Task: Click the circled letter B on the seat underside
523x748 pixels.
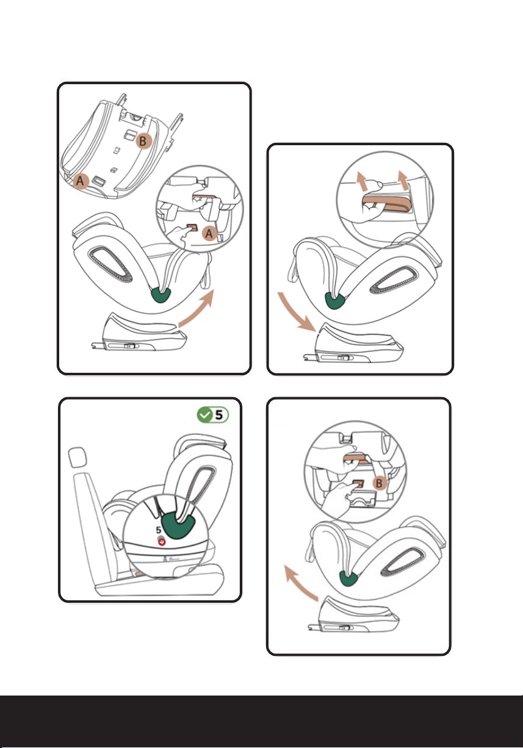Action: pyautogui.click(x=143, y=142)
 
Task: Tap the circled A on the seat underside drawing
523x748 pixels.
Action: pyautogui.click(x=81, y=181)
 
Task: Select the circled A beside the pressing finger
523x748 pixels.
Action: pyautogui.click(x=209, y=234)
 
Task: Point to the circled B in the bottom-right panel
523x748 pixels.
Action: pyautogui.click(x=379, y=483)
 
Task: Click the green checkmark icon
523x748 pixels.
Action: pyautogui.click(x=204, y=415)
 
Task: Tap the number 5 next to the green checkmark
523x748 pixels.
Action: pyautogui.click(x=218, y=415)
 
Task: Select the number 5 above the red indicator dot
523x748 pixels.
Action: pyautogui.click(x=158, y=530)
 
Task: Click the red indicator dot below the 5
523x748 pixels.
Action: pyautogui.click(x=162, y=542)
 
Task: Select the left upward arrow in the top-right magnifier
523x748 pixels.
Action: pyautogui.click(x=362, y=181)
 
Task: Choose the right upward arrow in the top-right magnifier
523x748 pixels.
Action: pyautogui.click(x=404, y=181)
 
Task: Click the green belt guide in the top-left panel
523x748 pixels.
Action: pyautogui.click(x=161, y=295)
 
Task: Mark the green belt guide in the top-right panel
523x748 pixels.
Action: pyautogui.click(x=334, y=300)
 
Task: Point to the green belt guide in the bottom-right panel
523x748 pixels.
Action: pyautogui.click(x=348, y=578)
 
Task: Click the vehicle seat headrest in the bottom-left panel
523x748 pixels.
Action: pyautogui.click(x=77, y=458)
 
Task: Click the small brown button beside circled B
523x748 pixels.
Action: pyautogui.click(x=358, y=484)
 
